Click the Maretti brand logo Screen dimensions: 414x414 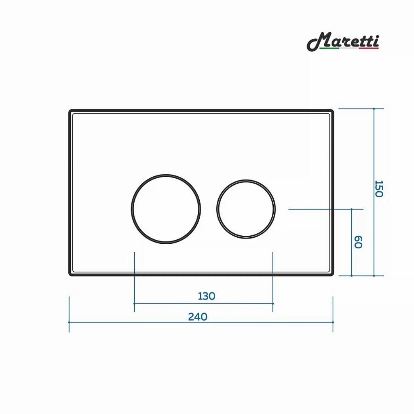[343, 42]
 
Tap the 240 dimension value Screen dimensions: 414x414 [198, 317]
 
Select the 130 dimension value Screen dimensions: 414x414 [207, 296]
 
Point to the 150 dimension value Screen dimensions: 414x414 [379, 189]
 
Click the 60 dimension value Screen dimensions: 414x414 [358, 242]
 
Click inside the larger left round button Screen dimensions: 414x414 [166, 209]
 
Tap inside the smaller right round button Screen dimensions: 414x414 [246, 209]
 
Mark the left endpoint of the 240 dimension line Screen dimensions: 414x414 [69, 322]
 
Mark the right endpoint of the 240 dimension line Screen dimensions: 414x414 [333, 322]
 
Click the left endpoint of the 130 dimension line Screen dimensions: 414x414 [134, 304]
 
